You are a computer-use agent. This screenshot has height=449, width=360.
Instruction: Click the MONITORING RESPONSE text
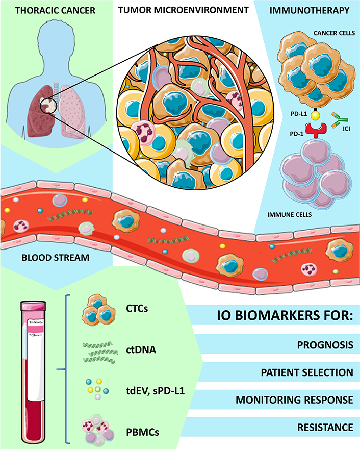tap(294, 399)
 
